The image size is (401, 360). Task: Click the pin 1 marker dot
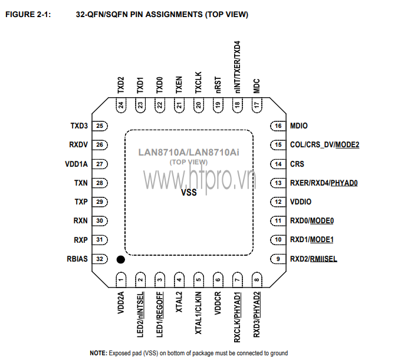tap(120, 260)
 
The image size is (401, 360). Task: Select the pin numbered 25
tap(100, 126)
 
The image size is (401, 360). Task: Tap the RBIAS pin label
tap(77, 259)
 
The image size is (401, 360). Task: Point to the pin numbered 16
tap(278, 126)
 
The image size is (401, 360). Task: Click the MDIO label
tap(299, 126)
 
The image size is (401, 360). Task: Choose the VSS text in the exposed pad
tap(189, 193)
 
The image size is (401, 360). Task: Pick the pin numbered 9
tap(278, 259)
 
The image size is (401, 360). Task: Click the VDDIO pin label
tap(301, 202)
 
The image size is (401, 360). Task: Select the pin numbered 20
tap(199, 105)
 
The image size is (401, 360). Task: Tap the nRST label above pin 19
tap(218, 85)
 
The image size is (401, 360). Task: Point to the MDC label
tap(257, 86)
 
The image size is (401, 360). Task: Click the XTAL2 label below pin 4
tap(179, 302)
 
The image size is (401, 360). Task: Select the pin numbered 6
tap(218, 280)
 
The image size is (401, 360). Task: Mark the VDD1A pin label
tap(77, 164)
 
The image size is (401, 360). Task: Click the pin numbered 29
tap(100, 202)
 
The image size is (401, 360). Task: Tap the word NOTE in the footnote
tap(98, 353)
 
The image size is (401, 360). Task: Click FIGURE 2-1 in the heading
tap(28, 14)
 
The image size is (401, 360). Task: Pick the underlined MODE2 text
tap(347, 145)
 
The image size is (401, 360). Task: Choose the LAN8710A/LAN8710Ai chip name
tap(189, 152)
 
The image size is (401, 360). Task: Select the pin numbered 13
tap(278, 183)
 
